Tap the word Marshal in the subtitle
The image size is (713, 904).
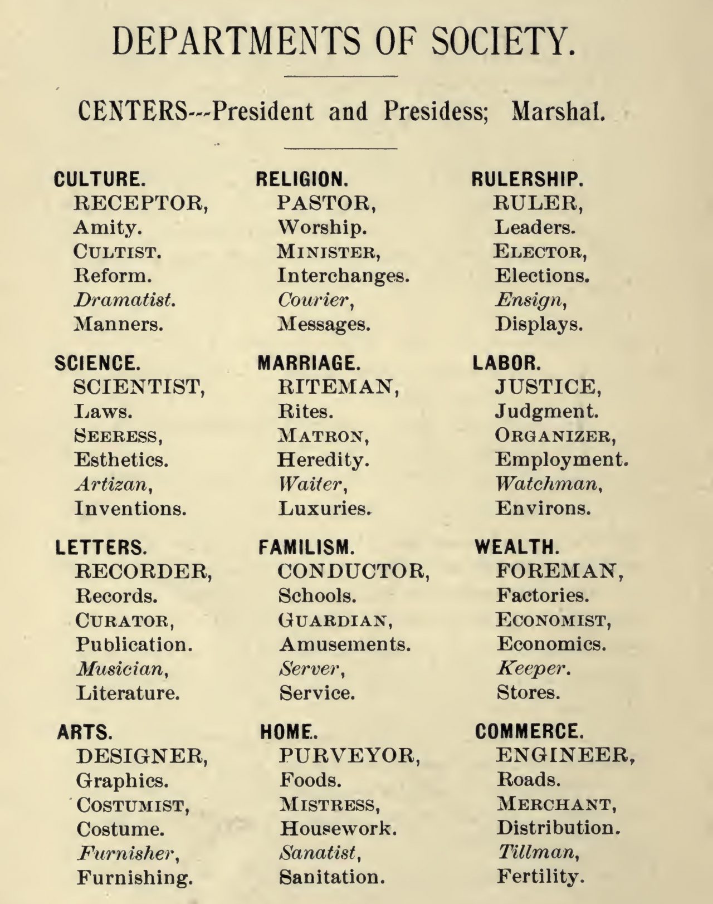pos(558,111)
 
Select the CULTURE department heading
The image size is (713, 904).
pos(100,179)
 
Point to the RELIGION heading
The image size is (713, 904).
pos(302,179)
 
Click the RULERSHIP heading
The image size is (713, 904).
pos(528,179)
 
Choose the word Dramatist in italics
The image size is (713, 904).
pos(125,300)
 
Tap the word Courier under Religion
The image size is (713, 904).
pos(315,300)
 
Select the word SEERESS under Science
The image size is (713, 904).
pos(118,436)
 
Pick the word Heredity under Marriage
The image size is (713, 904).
pos(324,460)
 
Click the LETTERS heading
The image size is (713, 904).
pos(101,548)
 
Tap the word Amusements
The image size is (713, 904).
pos(345,644)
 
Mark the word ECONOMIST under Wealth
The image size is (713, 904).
pos(553,620)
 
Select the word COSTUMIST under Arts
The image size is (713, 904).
pos(133,805)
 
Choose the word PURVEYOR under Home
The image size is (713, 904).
pos(349,756)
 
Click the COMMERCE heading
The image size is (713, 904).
pos(529,731)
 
